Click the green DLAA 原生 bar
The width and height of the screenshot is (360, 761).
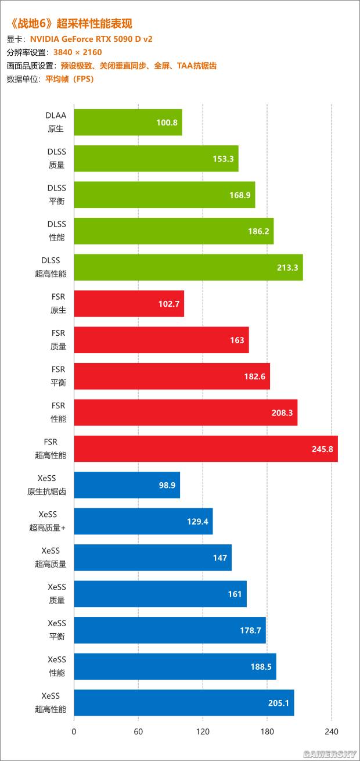[x=128, y=123]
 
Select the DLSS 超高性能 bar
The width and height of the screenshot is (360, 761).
[x=188, y=267]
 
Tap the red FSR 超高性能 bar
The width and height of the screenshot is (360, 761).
[x=206, y=449]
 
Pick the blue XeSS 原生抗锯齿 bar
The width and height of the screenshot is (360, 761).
[x=127, y=485]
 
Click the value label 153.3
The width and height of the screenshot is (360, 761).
[x=223, y=159]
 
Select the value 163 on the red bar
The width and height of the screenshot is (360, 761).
[x=237, y=340]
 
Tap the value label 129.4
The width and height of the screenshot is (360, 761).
[x=197, y=522]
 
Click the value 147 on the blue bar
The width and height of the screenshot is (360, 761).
[x=220, y=558]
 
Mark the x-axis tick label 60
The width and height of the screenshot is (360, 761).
[x=138, y=731]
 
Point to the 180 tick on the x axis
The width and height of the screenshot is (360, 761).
[x=267, y=731]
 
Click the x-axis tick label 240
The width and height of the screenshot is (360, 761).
[x=331, y=731]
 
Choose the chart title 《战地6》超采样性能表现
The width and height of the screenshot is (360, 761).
[x=71, y=24]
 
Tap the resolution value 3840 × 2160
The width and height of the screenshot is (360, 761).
[x=77, y=53]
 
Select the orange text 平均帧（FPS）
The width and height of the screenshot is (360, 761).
[x=69, y=79]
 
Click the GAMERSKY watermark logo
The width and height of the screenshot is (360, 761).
[x=329, y=754]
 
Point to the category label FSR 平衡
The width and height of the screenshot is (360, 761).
[x=58, y=376]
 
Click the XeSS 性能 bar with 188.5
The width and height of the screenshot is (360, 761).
[x=175, y=666]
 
